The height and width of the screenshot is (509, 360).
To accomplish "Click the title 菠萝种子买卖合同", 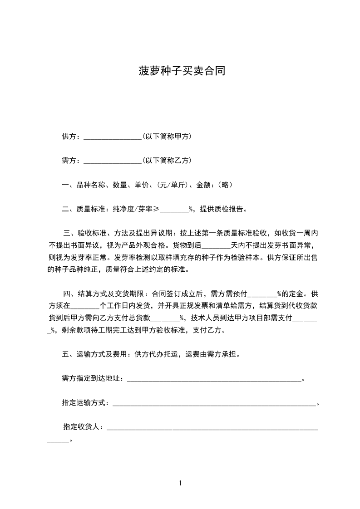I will click(x=182, y=71).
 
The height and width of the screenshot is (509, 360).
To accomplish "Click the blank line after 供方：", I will click(x=113, y=137).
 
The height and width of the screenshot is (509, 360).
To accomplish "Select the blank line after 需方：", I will click(x=113, y=161).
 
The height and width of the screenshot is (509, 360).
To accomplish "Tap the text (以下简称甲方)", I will click(x=167, y=136).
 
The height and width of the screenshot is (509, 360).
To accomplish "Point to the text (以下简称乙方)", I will click(x=167, y=160).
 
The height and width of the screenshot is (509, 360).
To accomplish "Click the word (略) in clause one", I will click(x=225, y=185).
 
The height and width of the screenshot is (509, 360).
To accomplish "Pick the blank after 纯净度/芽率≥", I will click(x=174, y=210).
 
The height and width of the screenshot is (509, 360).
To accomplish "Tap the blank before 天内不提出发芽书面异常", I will click(x=216, y=246).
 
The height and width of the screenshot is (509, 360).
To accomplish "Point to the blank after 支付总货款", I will click(x=165, y=318).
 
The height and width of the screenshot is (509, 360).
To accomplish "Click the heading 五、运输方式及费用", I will click(x=94, y=354).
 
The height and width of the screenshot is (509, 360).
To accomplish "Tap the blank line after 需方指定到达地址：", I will click(x=213, y=379).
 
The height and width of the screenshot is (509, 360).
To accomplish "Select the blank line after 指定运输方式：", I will click(x=213, y=403).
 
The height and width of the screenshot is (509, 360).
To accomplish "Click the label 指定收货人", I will click(x=83, y=427).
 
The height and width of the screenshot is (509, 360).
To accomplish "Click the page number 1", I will click(x=180, y=483).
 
